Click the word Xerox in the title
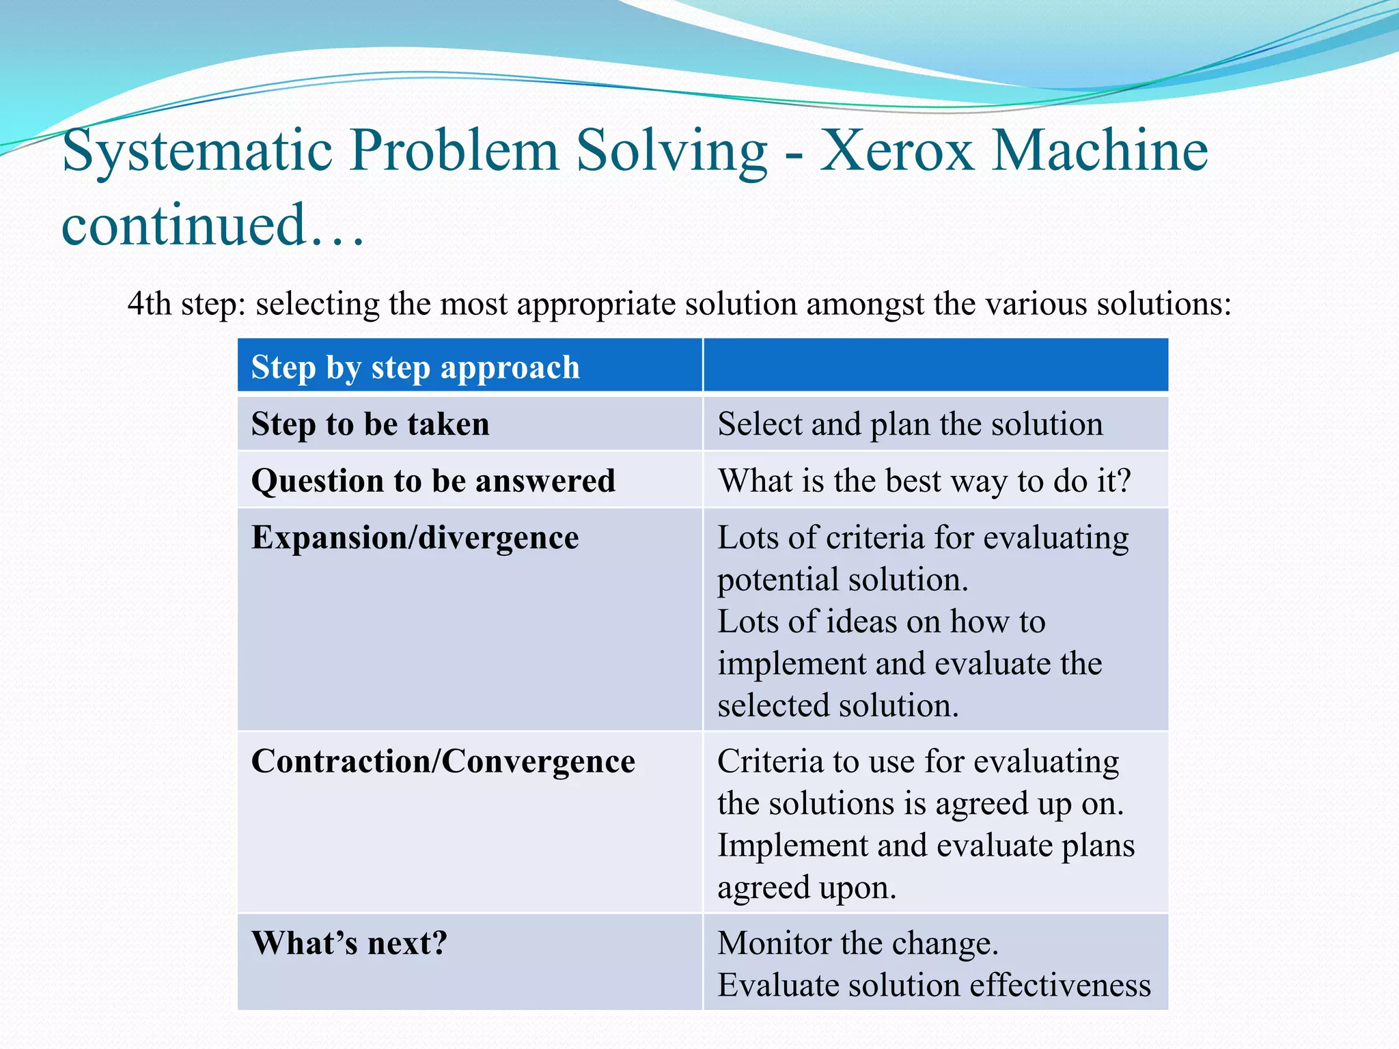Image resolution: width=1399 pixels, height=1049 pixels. click(x=896, y=152)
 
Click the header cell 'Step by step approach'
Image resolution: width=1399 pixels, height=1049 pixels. click(x=415, y=367)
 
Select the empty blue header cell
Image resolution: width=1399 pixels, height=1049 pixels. click(x=935, y=366)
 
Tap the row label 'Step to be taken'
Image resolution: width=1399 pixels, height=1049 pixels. click(x=370, y=424)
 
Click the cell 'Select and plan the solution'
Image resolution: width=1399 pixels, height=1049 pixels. click(x=910, y=424)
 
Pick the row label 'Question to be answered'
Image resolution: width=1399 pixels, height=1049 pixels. click(x=433, y=481)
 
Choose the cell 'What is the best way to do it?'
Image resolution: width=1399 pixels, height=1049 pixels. click(x=924, y=481)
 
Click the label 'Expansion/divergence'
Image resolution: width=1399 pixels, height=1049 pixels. click(x=415, y=537)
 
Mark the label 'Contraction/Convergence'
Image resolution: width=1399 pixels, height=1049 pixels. click(x=443, y=761)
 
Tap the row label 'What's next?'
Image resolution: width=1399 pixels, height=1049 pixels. click(x=349, y=944)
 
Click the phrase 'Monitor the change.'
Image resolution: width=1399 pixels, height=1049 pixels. click(x=858, y=944)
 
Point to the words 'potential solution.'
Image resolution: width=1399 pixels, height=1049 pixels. click(x=842, y=580)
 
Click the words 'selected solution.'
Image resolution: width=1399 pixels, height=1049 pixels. click(x=838, y=705)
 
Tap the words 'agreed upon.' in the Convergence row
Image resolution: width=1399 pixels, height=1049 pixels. click(x=806, y=888)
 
